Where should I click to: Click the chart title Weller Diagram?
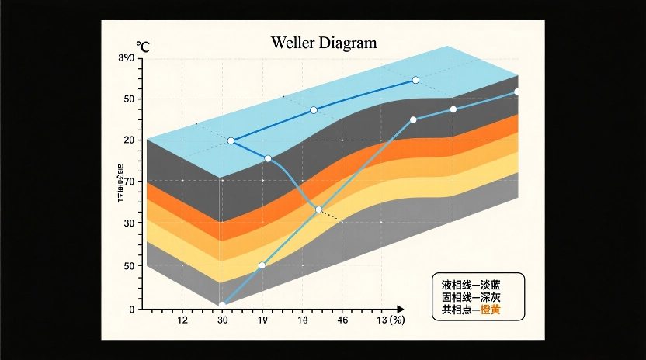click(324, 43)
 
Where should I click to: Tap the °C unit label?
click(143, 48)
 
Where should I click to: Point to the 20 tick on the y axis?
click(129, 140)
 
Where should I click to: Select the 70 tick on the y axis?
click(129, 182)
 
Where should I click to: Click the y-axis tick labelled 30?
click(129, 223)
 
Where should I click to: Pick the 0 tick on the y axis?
click(131, 310)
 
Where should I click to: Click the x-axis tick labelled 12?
click(183, 320)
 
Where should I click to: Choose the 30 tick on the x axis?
click(223, 320)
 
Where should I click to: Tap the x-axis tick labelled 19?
click(262, 320)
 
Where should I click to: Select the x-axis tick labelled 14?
click(304, 320)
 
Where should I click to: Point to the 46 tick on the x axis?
click(342, 320)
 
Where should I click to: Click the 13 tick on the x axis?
click(382, 320)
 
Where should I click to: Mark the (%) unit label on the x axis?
click(398, 320)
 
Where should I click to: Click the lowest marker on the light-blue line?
click(222, 306)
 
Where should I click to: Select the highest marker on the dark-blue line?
click(415, 81)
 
